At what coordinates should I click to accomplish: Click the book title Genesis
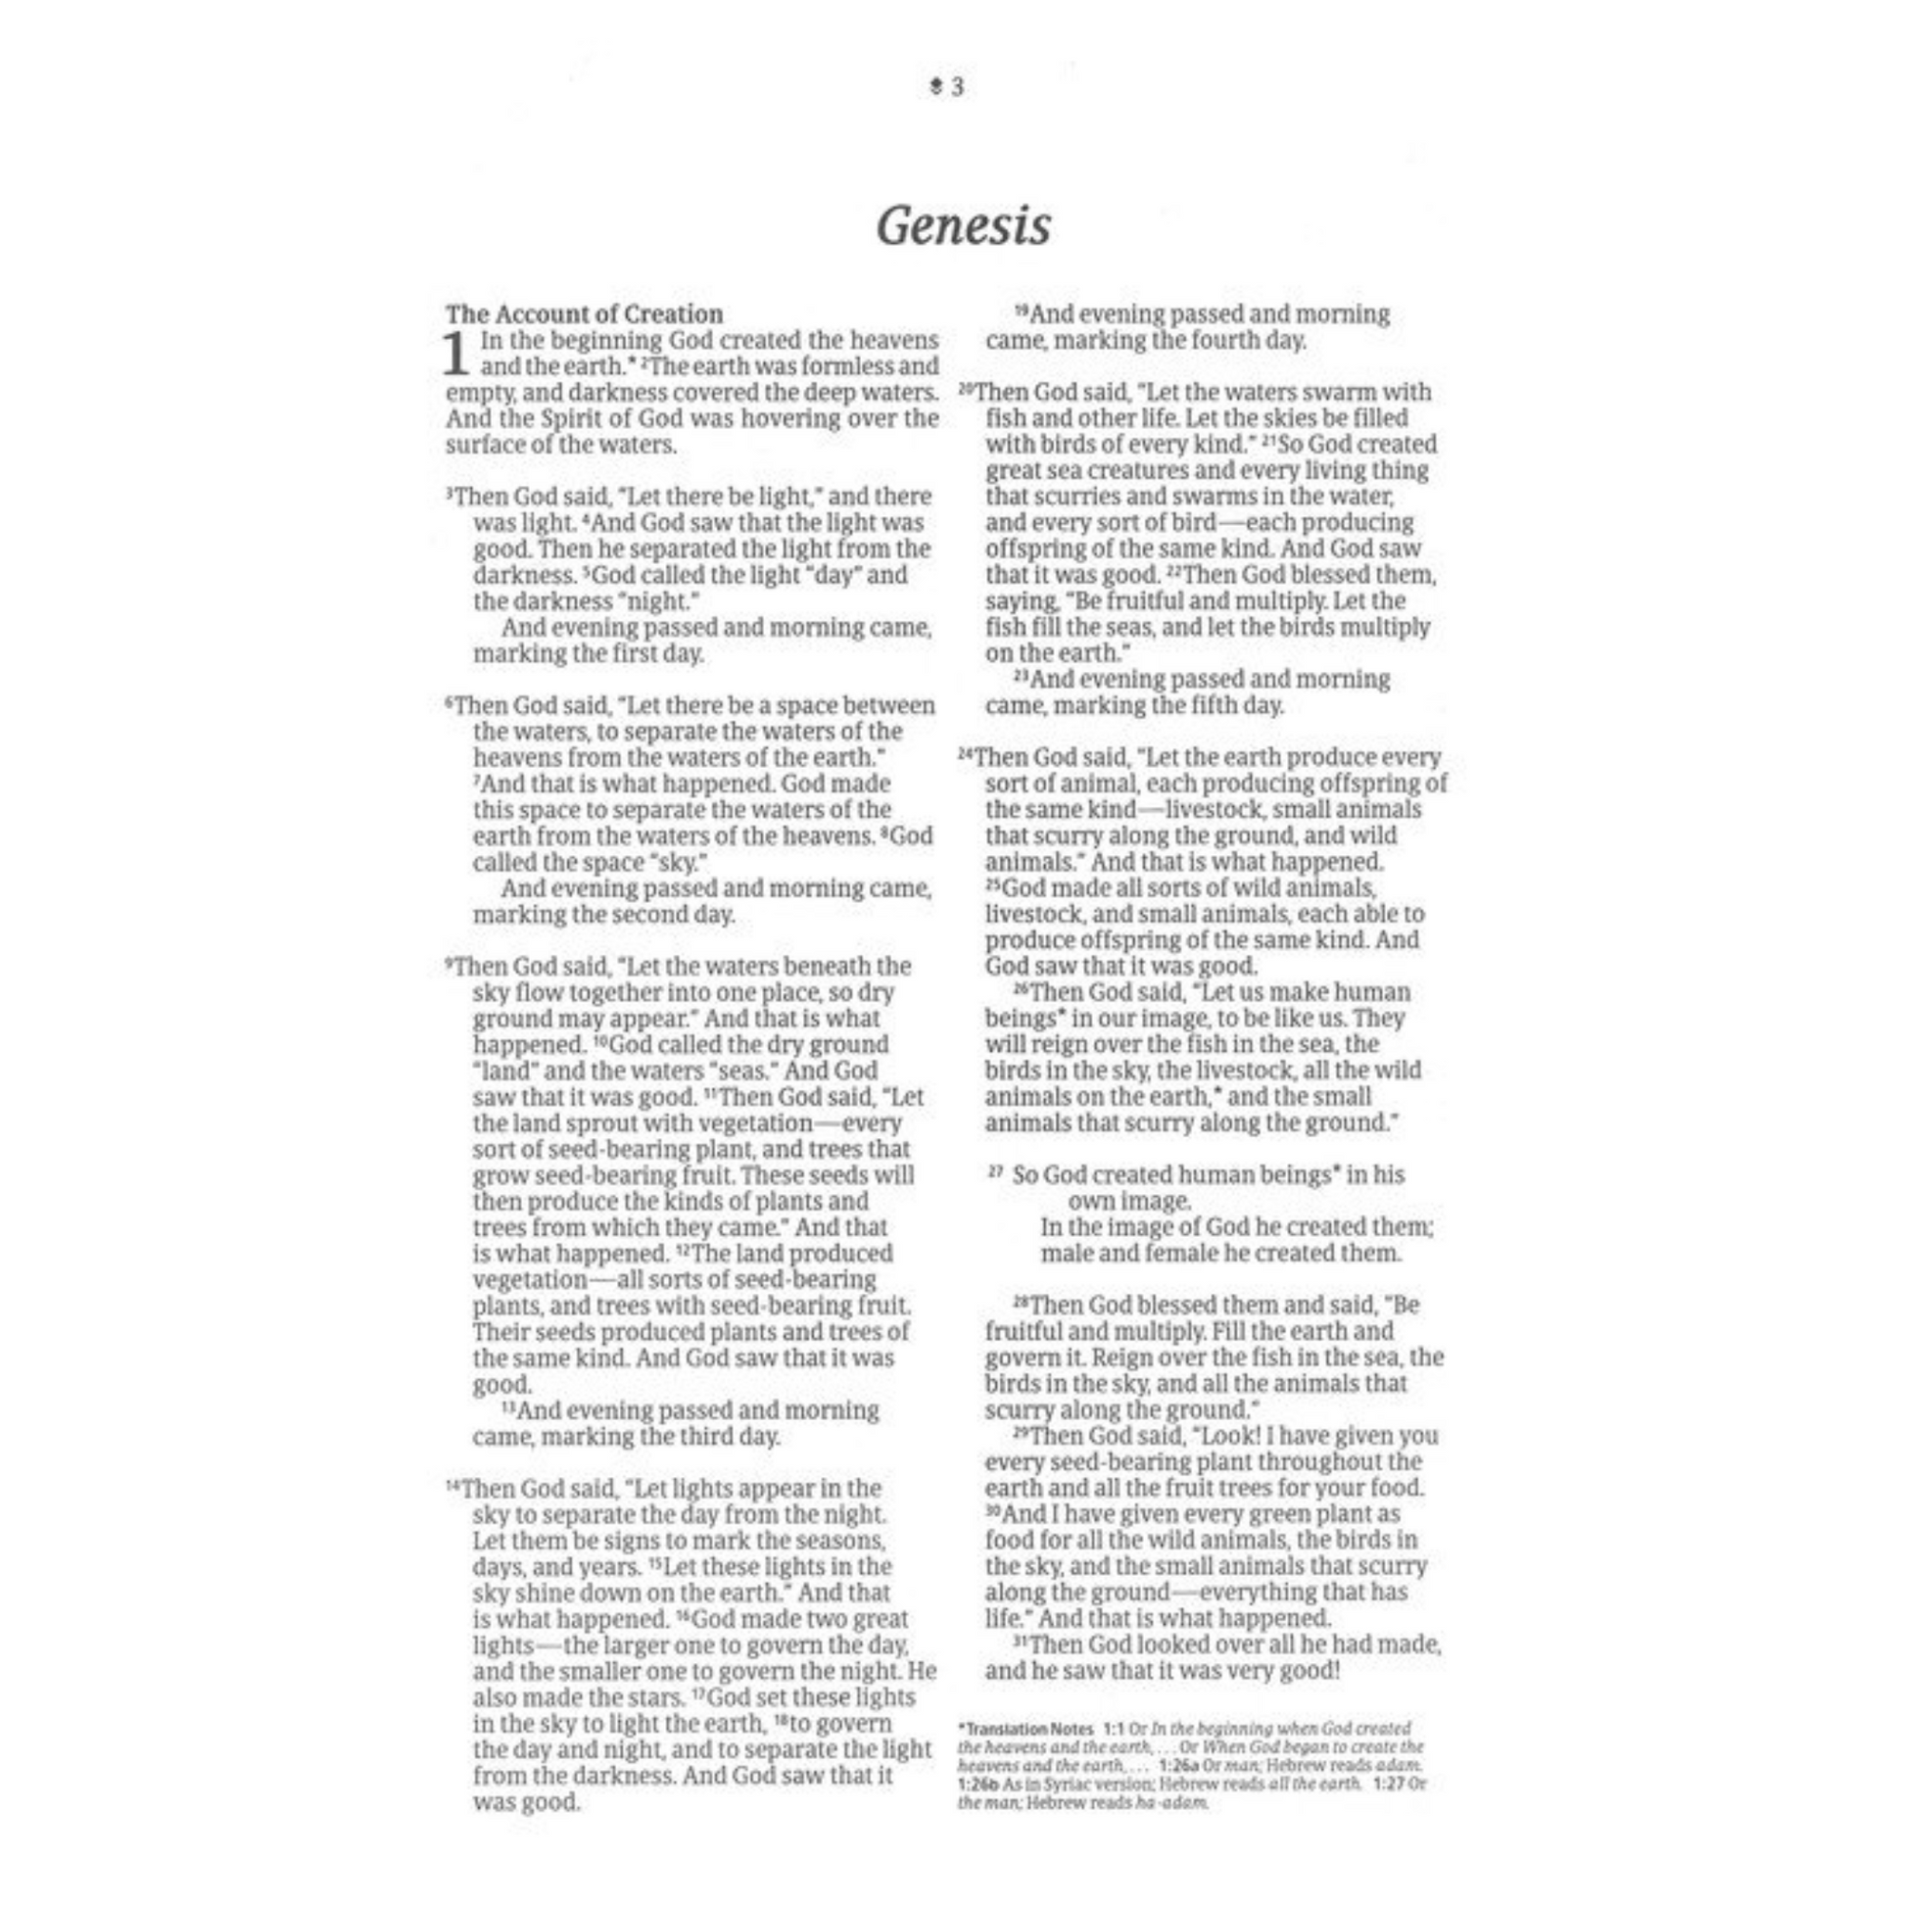(x=963, y=227)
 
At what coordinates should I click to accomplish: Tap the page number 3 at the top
(x=957, y=88)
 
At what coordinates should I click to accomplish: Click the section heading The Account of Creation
(x=584, y=313)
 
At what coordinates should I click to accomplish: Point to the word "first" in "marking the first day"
(x=615, y=653)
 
